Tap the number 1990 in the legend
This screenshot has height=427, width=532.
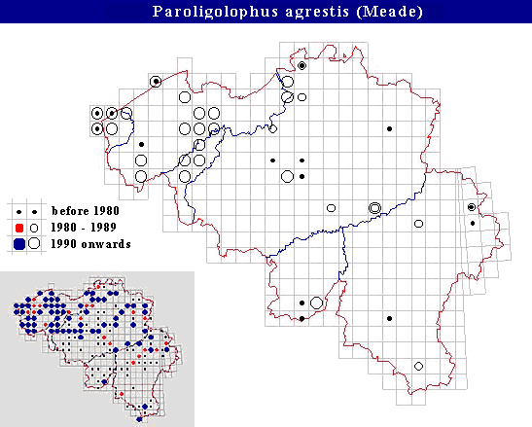(x=64, y=242)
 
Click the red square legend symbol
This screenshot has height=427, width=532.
(x=19, y=227)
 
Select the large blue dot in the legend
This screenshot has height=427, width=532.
(x=19, y=242)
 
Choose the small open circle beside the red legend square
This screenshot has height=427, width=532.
(x=35, y=227)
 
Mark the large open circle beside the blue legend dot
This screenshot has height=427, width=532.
(x=35, y=242)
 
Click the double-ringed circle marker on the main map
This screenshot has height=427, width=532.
(x=374, y=207)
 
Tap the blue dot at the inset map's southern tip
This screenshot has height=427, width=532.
(x=141, y=419)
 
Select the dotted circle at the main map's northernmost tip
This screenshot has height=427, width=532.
(x=301, y=65)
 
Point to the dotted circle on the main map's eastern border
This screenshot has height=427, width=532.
(x=472, y=207)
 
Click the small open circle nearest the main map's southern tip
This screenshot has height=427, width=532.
(x=418, y=366)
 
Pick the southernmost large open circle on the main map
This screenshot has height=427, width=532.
(x=316, y=303)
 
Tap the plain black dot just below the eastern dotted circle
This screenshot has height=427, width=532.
(x=473, y=223)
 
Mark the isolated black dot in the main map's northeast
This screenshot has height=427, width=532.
(x=389, y=128)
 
